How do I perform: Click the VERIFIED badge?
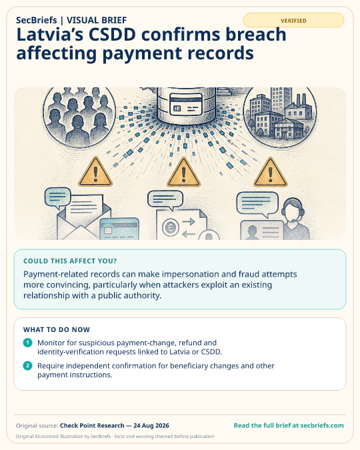(293, 21)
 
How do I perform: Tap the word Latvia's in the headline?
(50, 35)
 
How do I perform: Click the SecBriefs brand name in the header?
(37, 20)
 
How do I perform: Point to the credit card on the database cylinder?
(186, 105)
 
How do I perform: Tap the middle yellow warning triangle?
(183, 173)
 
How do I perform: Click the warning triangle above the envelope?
(95, 172)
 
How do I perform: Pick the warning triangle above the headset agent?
(270, 173)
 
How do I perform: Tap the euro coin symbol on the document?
(171, 227)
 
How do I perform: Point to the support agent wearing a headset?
(294, 219)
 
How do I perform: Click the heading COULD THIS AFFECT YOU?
(70, 261)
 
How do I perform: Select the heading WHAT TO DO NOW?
(57, 329)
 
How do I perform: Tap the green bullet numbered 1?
(27, 343)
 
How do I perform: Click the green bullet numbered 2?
(27, 365)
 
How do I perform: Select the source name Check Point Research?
(92, 425)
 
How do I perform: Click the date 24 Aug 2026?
(151, 425)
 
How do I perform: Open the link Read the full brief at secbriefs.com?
(289, 425)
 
